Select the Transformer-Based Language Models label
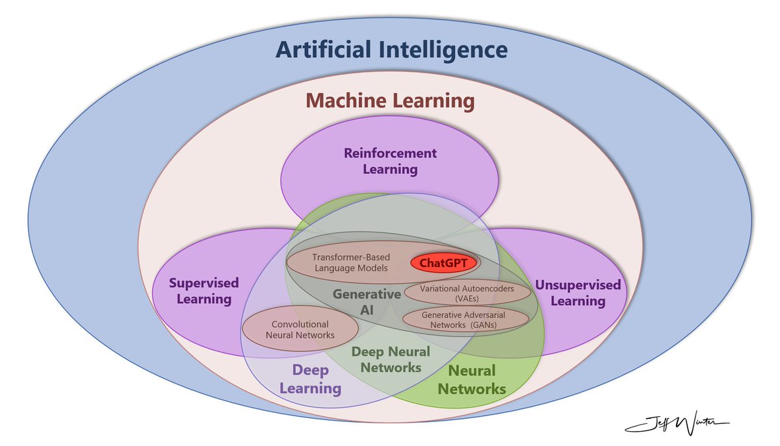[350, 262]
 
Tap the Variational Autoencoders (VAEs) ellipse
[467, 293]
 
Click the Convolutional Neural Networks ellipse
[300, 330]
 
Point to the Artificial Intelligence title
[391, 50]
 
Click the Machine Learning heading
[391, 101]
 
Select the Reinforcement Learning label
[390, 162]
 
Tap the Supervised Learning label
[204, 291]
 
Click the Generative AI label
[367, 302]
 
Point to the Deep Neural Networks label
[390, 359]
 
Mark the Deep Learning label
[310, 379]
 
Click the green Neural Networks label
[472, 380]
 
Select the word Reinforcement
[390, 154]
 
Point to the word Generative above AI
[367, 294]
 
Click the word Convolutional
[300, 324]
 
